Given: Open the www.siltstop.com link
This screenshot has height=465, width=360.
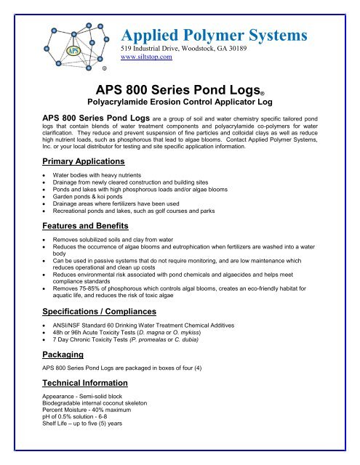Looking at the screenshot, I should pos(145,56).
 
